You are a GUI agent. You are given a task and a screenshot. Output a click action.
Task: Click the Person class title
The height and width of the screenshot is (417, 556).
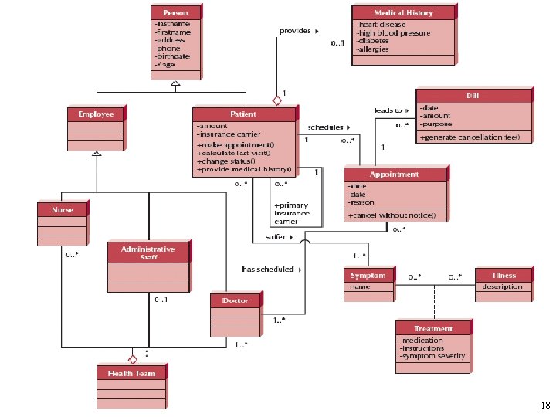point(175,13)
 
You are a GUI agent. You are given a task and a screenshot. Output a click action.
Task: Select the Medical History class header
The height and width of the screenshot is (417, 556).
point(403,13)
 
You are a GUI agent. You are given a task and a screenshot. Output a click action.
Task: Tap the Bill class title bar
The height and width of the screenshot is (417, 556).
point(473,96)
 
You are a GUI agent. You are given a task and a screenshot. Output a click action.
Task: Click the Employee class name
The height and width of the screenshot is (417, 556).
point(96,114)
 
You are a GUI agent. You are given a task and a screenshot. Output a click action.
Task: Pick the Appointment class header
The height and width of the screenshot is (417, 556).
point(394,175)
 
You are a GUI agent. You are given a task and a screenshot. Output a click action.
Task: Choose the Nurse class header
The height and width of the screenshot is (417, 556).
point(63,209)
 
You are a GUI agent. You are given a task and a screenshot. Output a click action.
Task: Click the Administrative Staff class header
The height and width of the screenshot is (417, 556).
point(147,253)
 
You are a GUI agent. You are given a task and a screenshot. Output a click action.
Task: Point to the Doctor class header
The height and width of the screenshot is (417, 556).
point(235,300)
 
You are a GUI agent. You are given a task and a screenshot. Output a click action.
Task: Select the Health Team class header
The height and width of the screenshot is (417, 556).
point(131,373)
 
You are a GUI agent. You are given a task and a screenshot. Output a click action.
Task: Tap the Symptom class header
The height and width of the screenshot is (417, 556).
point(368,275)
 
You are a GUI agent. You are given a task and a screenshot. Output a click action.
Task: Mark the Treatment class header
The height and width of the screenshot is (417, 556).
point(433,328)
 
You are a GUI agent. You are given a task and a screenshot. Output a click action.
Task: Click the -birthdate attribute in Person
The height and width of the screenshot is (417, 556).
point(172,56)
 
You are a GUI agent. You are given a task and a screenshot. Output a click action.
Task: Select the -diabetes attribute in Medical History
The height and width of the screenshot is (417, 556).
point(373,41)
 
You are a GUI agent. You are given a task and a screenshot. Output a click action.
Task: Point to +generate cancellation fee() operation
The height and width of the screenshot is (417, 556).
point(475,137)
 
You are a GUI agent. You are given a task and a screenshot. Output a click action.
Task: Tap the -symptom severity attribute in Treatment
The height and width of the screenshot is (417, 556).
point(432,356)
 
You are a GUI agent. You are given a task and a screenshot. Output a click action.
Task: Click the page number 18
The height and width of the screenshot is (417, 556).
point(546,405)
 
